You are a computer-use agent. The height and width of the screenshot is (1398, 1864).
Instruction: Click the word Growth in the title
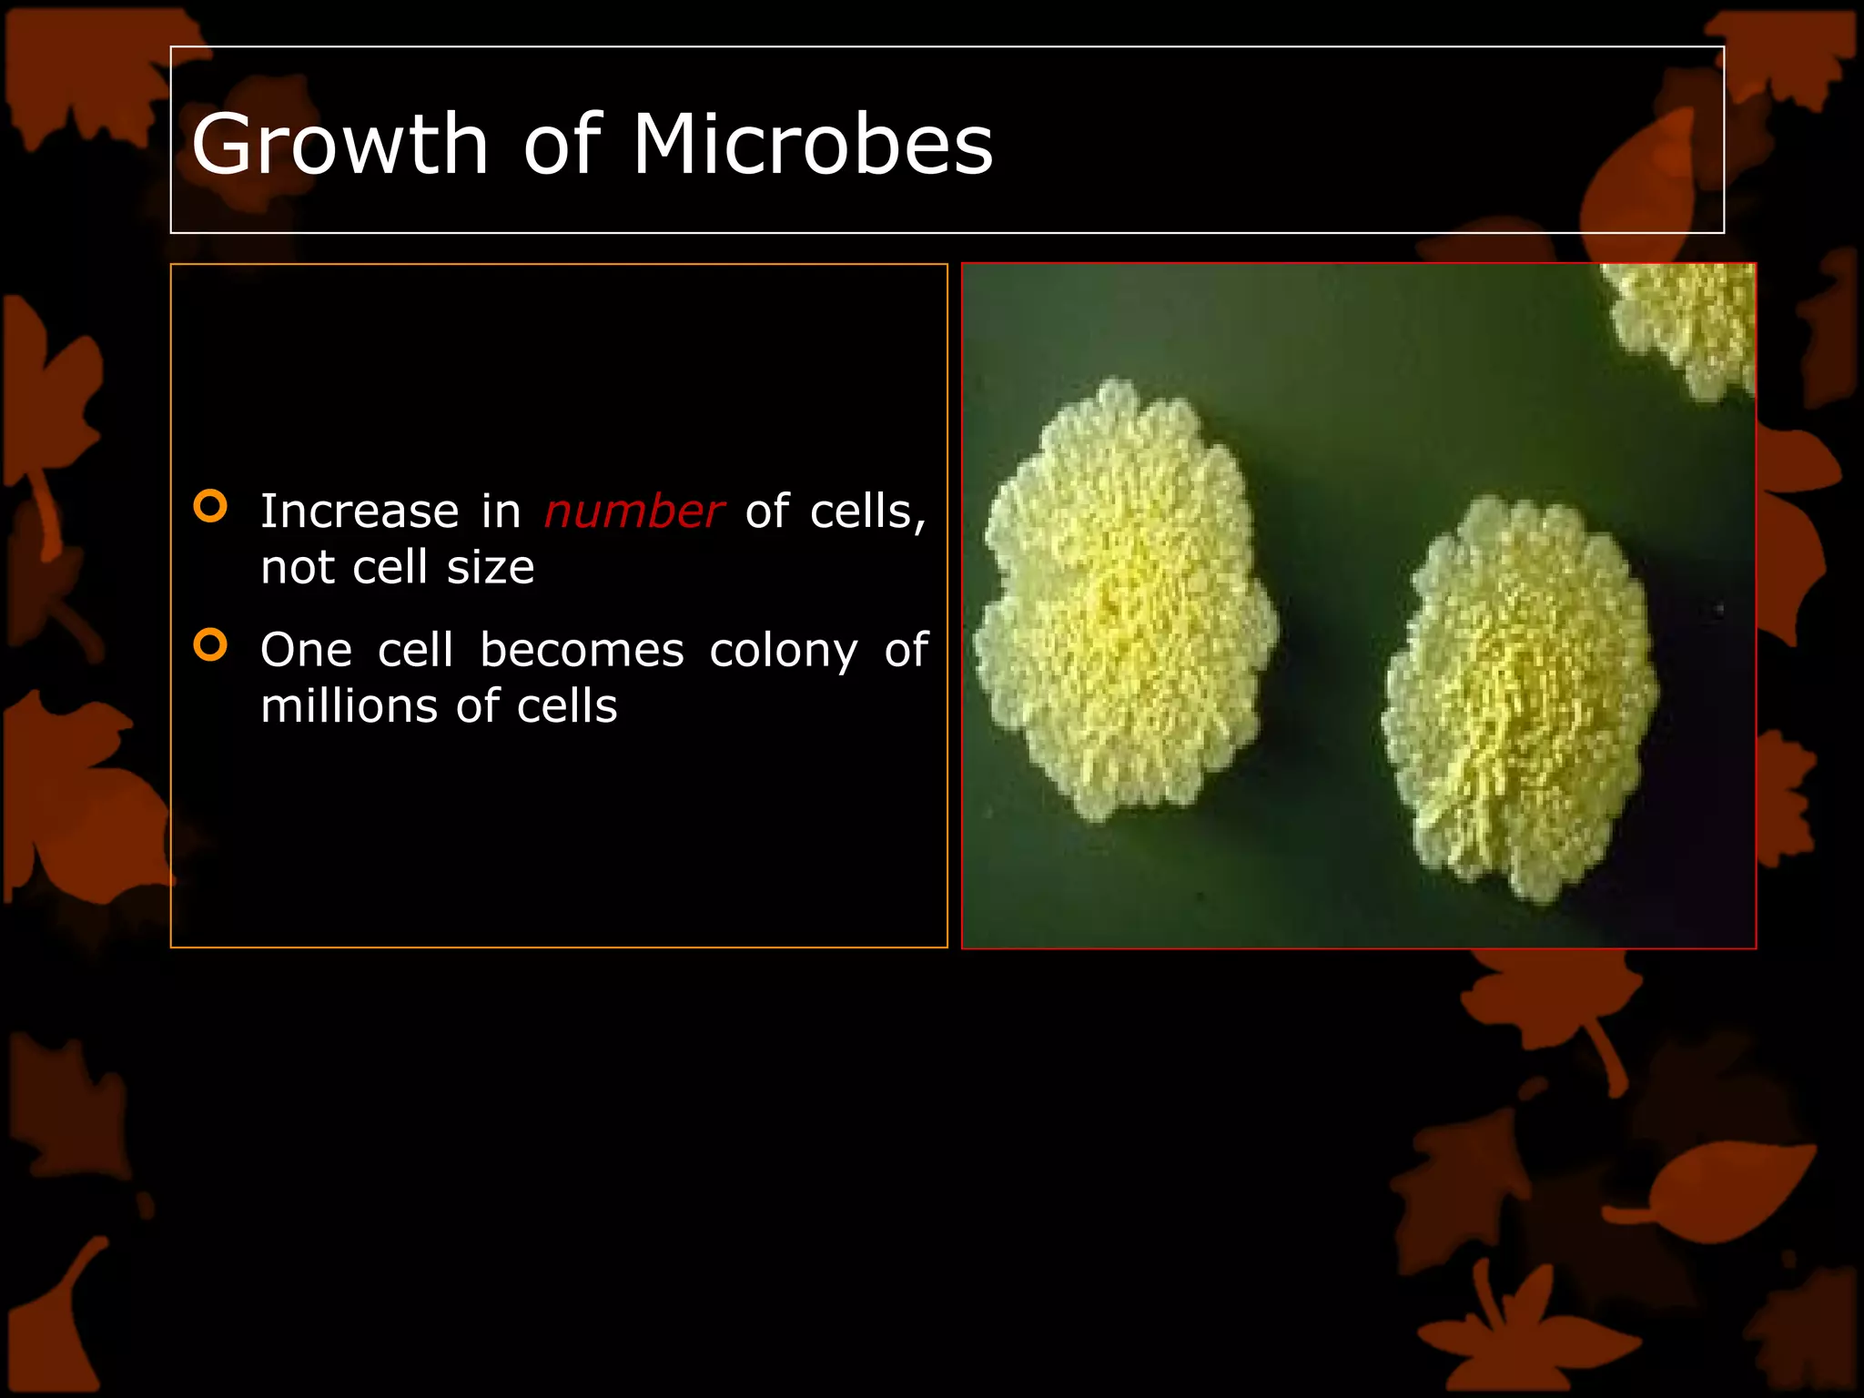(340, 146)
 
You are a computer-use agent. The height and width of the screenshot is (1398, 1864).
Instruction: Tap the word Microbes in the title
(812, 144)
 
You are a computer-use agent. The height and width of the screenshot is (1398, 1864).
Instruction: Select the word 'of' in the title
(562, 144)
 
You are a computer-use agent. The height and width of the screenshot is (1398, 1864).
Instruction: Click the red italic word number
(633, 511)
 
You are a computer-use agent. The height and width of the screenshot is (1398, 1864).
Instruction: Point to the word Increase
(360, 511)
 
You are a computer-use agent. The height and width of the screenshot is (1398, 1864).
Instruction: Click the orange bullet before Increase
(210, 506)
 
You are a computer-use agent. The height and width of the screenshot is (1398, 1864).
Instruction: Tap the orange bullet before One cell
(210, 645)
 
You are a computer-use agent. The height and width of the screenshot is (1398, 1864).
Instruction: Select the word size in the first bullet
(491, 567)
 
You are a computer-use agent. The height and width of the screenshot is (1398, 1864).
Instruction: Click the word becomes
(582, 650)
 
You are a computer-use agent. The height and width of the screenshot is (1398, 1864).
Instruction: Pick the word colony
(783, 652)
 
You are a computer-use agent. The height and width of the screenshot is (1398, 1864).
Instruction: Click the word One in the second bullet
(306, 650)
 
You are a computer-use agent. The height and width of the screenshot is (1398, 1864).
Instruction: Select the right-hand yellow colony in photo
(1518, 701)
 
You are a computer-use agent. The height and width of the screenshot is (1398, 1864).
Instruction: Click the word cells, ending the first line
(867, 511)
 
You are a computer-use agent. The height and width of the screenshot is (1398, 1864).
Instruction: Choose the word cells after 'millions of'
(567, 706)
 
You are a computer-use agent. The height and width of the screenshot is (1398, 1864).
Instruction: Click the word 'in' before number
(501, 511)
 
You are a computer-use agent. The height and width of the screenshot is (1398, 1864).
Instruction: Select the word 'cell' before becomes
(415, 650)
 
